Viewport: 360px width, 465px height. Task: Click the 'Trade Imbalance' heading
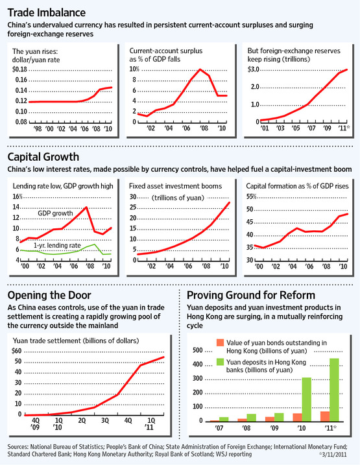click(47, 13)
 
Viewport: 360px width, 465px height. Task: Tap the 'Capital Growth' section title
click(43, 157)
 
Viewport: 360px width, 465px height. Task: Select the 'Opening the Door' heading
click(49, 295)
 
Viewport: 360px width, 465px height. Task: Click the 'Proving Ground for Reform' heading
click(251, 295)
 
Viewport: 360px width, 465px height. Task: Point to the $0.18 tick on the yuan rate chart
click(19, 69)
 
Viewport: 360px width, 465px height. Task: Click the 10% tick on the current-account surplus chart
click(134, 69)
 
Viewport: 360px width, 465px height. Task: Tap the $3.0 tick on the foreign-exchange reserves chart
click(253, 69)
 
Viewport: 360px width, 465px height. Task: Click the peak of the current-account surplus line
click(200, 69)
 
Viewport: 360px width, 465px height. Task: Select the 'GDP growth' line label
click(55, 213)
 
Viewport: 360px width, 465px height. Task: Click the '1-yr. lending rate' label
click(57, 246)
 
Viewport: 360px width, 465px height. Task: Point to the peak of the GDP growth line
click(86, 207)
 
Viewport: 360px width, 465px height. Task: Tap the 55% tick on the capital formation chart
click(251, 197)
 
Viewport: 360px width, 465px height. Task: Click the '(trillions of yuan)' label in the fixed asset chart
click(178, 198)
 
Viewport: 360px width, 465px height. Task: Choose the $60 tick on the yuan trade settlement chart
click(17, 351)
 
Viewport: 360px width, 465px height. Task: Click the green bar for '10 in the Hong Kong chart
click(307, 399)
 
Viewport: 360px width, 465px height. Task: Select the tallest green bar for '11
click(334, 390)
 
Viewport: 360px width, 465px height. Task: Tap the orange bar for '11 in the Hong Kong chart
click(325, 416)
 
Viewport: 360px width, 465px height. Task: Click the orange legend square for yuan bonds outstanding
click(220, 342)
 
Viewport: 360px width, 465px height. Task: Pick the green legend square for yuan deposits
click(220, 362)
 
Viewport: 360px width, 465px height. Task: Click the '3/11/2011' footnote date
click(333, 455)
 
